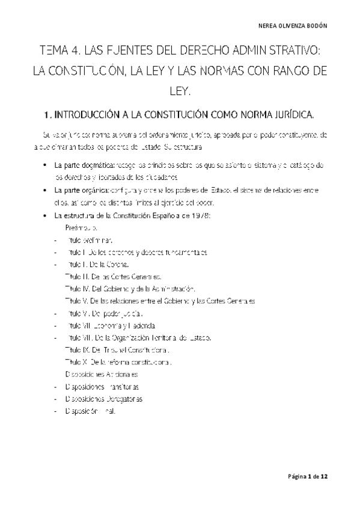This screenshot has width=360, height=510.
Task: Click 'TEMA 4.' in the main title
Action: coord(60,51)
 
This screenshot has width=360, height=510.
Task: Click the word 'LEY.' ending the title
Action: coord(180,92)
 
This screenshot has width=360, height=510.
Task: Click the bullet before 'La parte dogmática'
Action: coord(45,164)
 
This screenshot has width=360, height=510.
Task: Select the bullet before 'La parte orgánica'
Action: coord(45,190)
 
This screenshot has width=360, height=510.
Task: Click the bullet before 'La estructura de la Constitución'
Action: coord(45,216)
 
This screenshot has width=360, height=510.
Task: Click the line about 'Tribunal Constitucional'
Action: coord(117,349)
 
